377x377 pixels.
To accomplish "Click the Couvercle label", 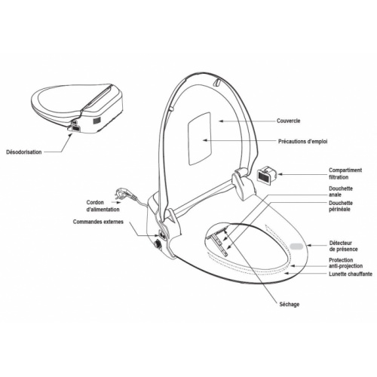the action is pos(288,121).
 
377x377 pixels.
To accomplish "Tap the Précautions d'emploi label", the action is pos(303,142).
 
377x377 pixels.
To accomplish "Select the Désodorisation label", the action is pos(24,152).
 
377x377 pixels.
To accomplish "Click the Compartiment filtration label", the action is pos(345,173).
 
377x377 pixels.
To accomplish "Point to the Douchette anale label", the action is pos(341,192).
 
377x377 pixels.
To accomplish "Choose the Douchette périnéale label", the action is pos(341,206).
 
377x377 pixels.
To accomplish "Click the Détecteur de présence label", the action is pos(343,247).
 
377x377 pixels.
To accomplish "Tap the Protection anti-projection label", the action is pos(346,263).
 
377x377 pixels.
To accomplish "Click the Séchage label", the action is pos(290,305).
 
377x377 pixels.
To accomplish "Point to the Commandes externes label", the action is pos(98,222).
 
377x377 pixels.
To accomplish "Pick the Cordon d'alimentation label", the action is pos(103,206).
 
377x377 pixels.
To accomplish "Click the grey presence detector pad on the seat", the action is pos(297,246).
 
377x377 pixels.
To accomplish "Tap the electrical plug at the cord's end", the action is pos(123,194).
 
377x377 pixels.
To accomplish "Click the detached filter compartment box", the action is pos(266,175).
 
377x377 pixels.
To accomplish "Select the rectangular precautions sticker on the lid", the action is pos(199,139).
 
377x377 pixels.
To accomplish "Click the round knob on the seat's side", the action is pos(158,244).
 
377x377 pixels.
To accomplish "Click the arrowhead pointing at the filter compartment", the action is pos(280,174).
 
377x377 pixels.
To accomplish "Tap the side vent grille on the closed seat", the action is pos(97,121).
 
